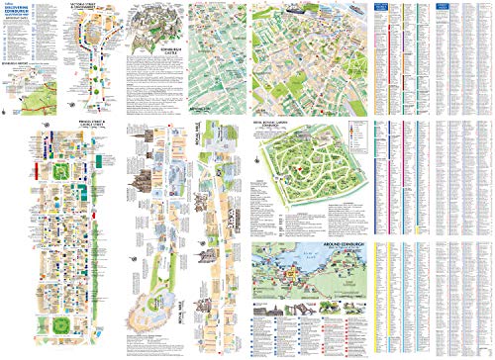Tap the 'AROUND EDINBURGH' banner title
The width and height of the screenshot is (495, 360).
[307, 242]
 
